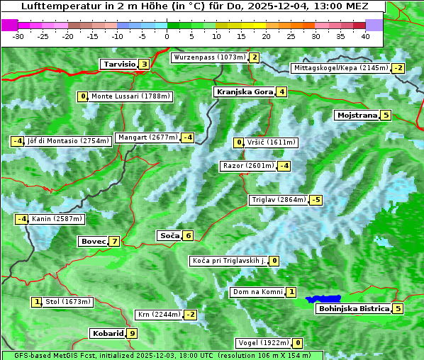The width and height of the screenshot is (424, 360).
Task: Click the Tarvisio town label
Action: (118, 64)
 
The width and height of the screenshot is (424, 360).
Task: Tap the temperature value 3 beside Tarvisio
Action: (144, 64)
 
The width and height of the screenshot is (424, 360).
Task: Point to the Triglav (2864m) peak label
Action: (279, 200)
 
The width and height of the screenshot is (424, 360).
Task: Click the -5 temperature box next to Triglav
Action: (316, 200)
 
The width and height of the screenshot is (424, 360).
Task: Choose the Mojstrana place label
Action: (357, 115)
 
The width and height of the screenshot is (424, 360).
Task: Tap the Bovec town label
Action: (93, 241)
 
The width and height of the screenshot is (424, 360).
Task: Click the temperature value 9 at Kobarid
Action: (132, 333)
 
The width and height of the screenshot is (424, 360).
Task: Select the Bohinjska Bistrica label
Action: (353, 308)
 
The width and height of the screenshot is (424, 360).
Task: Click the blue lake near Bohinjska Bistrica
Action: (323, 300)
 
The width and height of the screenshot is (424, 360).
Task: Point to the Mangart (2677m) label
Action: (147, 137)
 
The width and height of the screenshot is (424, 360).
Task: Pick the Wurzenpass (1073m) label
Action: (209, 57)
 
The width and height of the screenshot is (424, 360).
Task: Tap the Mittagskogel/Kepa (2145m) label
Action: (341, 68)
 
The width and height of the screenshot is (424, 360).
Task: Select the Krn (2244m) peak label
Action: (157, 314)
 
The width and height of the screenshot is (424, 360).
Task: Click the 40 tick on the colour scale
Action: (365, 36)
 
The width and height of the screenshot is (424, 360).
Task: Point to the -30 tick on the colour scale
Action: (18, 36)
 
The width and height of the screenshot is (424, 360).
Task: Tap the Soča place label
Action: (168, 235)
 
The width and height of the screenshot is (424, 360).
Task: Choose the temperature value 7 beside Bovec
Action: (114, 241)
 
